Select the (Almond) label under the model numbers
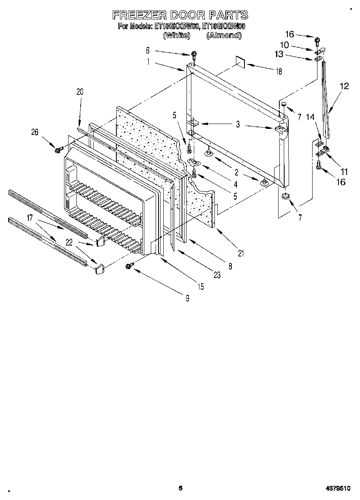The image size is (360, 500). click(x=224, y=36)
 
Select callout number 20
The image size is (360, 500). click(x=79, y=92)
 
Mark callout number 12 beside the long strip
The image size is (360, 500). click(x=344, y=86)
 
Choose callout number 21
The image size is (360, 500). click(x=241, y=254)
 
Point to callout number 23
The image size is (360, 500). click(x=217, y=276)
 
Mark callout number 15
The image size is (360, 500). click(x=200, y=287)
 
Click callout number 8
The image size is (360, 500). click(x=230, y=266)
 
